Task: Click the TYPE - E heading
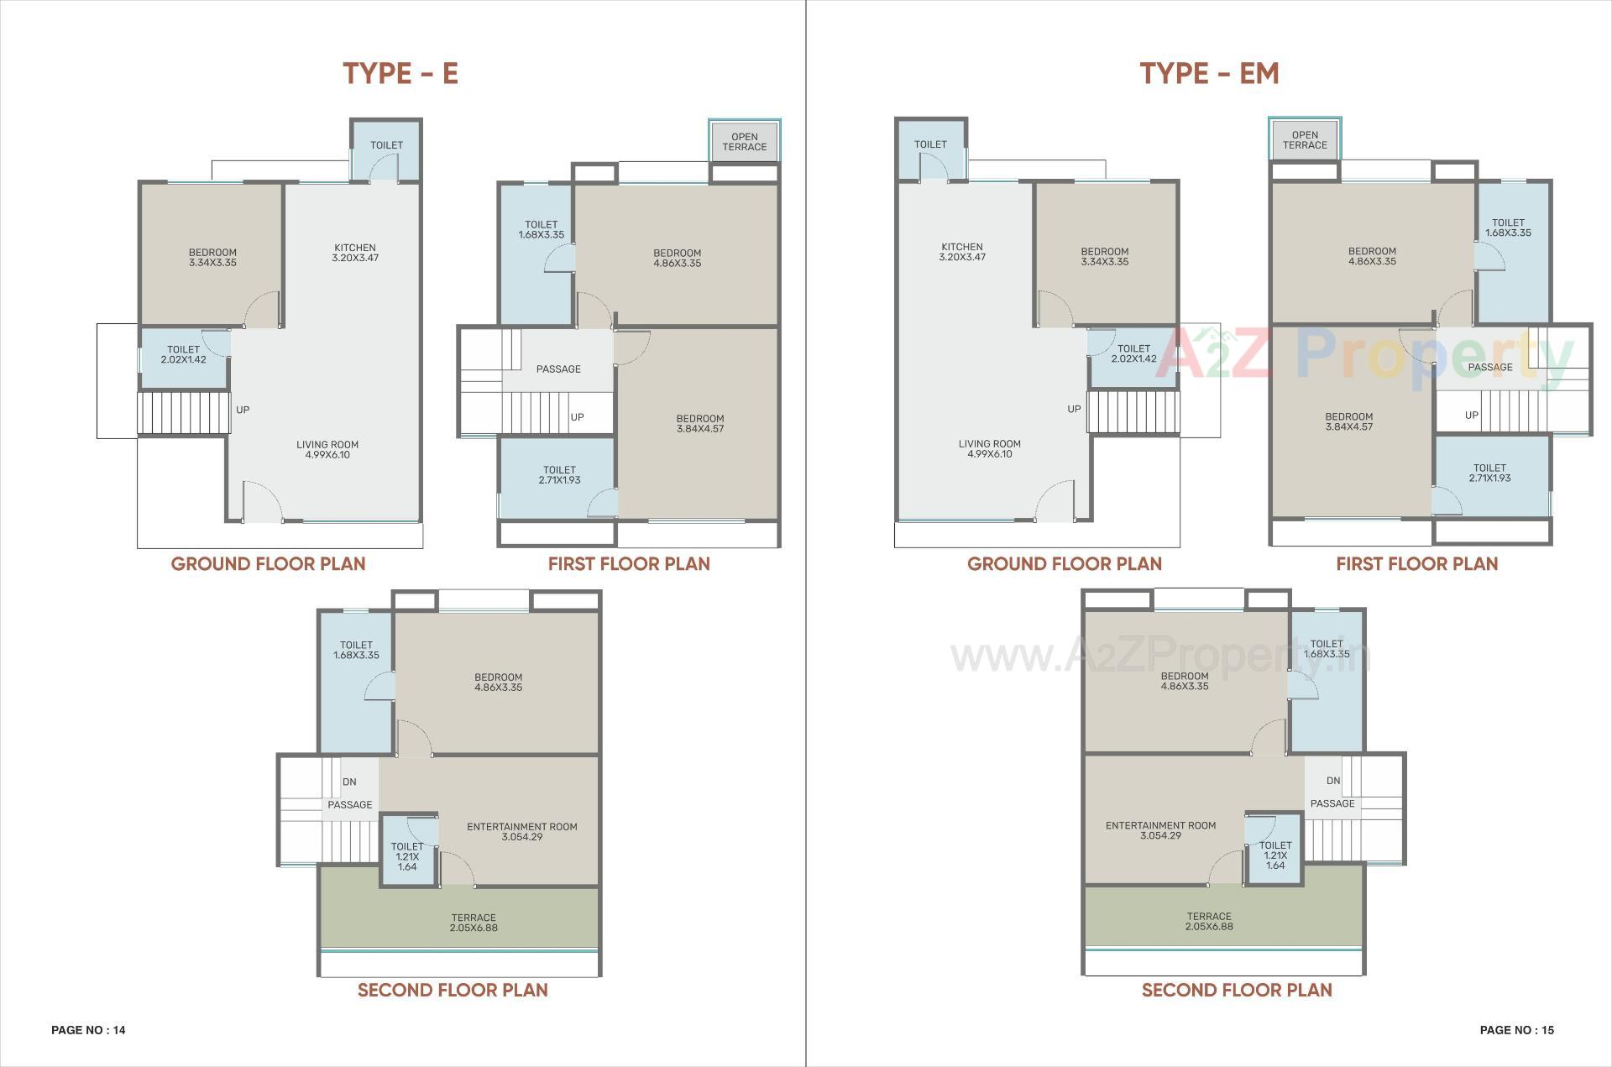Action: click(x=400, y=73)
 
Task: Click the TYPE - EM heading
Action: click(x=1209, y=73)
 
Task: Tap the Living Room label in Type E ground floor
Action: click(x=327, y=450)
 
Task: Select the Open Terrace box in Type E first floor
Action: click(x=744, y=142)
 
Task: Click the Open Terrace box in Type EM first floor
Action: click(x=1304, y=140)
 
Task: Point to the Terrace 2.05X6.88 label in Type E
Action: click(x=474, y=923)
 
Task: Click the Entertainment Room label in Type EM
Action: click(x=1160, y=830)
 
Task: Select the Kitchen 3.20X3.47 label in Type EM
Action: click(x=962, y=252)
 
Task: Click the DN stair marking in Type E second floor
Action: click(x=349, y=782)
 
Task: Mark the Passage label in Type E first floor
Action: click(x=558, y=369)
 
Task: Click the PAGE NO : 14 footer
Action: click(x=88, y=1030)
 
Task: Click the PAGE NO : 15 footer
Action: click(x=1516, y=1030)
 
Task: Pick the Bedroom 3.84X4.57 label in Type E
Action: click(x=700, y=423)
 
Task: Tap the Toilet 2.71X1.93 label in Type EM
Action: click(x=1489, y=473)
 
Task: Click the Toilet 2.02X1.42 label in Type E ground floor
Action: click(x=183, y=354)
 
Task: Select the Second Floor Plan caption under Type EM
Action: click(x=1237, y=990)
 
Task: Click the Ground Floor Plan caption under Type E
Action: click(x=268, y=563)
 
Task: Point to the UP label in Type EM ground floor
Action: click(x=1074, y=409)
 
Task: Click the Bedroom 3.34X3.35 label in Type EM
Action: click(x=1104, y=256)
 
